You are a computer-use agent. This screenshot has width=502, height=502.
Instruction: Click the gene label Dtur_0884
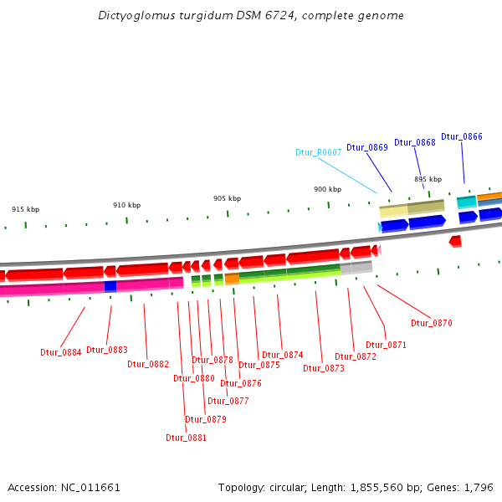click(61, 352)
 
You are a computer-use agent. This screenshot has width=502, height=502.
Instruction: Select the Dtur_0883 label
click(107, 350)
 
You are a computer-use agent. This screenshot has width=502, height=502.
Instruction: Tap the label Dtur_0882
click(148, 364)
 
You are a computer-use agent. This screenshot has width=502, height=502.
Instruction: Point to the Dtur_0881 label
click(186, 438)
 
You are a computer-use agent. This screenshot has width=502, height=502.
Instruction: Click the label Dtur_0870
click(431, 323)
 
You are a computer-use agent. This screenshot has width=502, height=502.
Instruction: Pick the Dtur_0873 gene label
click(324, 368)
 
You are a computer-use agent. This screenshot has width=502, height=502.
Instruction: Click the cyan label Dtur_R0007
click(318, 153)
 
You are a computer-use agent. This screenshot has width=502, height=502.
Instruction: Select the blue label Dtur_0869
click(367, 147)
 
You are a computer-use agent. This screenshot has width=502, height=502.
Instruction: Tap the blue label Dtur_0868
click(415, 142)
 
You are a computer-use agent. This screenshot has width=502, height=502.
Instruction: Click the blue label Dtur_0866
click(462, 136)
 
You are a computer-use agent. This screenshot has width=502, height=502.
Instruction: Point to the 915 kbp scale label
click(25, 209)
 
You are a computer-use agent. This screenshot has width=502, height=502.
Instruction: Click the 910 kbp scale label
click(127, 205)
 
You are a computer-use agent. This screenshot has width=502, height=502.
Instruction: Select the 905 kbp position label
click(227, 198)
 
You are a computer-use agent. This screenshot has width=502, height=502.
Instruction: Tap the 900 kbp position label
click(327, 189)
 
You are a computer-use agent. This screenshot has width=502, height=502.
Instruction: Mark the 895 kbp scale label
click(428, 179)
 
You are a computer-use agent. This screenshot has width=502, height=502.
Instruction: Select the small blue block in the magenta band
click(110, 286)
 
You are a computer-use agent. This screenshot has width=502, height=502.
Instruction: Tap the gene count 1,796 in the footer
click(479, 487)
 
